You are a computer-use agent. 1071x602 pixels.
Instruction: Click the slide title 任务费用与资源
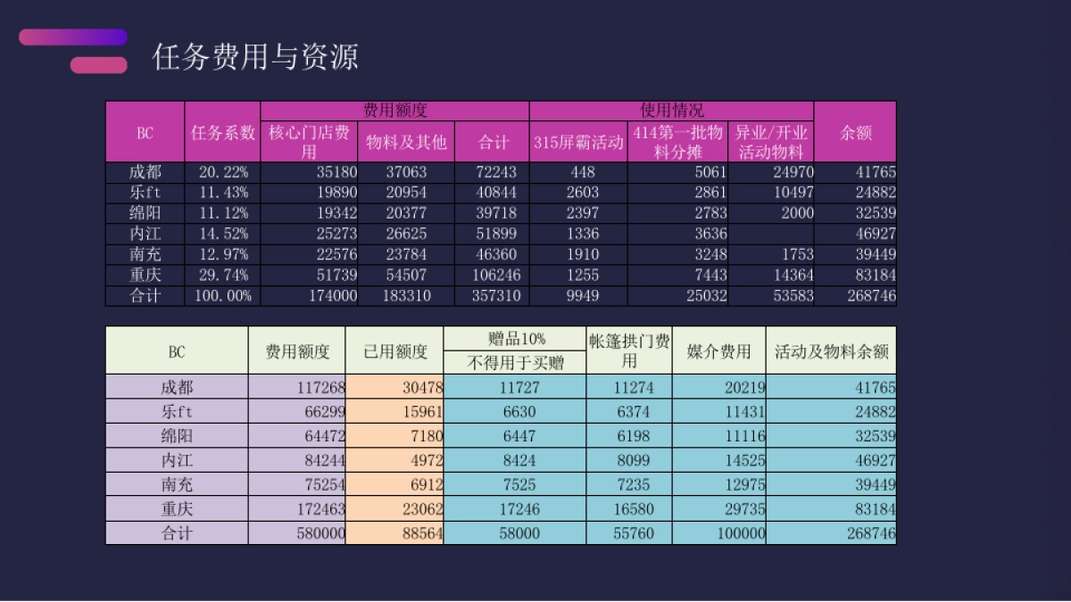[x=255, y=56]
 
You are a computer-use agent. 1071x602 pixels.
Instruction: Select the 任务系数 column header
[x=222, y=133]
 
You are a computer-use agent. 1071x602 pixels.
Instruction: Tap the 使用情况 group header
[x=671, y=111]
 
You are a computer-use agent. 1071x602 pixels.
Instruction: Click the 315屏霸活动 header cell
[x=578, y=142]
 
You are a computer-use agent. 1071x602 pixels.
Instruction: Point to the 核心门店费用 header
[x=309, y=142]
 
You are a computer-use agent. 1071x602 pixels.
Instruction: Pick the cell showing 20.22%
[x=222, y=172]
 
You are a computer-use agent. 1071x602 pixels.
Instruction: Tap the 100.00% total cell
[x=222, y=295]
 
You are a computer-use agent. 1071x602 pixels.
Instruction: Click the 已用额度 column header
[x=394, y=351]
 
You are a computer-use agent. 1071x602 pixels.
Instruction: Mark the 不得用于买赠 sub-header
[x=514, y=362]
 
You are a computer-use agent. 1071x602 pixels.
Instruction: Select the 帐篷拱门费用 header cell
[x=629, y=350]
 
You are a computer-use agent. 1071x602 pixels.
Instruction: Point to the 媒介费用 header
[x=718, y=351]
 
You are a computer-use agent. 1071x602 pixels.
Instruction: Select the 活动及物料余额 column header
[x=831, y=351]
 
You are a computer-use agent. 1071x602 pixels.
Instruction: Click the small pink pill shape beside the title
[x=98, y=65]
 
